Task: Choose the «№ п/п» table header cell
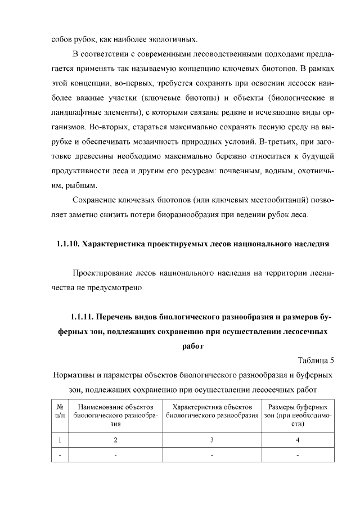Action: [60, 411]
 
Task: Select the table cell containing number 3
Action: [211, 440]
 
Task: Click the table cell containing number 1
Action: [60, 440]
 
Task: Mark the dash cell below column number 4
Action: [298, 455]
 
